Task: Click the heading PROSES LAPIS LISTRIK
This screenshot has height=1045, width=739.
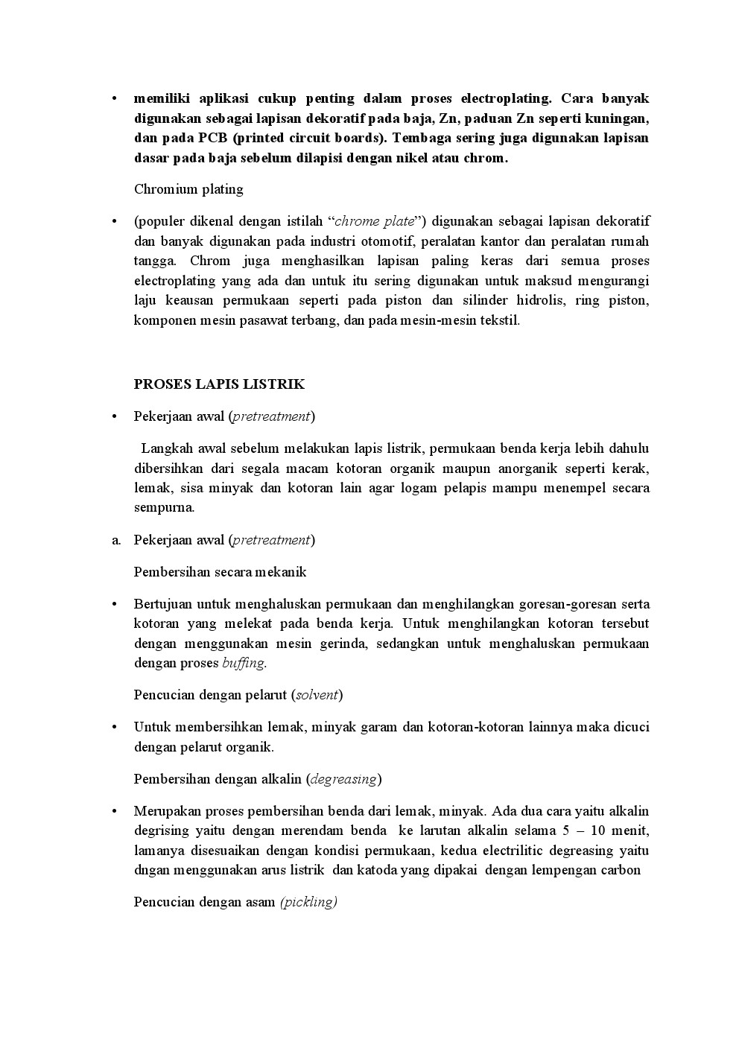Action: (219, 384)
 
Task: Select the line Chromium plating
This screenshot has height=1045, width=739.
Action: (188, 189)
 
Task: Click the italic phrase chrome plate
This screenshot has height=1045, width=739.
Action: (374, 221)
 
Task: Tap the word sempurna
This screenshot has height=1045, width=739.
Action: (163, 508)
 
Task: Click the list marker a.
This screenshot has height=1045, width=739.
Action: (115, 540)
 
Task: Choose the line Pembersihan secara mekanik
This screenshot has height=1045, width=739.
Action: (220, 572)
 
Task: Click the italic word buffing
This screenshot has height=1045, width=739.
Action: (243, 663)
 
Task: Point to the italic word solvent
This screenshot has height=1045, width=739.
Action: (318, 695)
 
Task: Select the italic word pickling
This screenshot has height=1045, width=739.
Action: (308, 902)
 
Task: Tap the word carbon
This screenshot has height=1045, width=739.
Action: (621, 870)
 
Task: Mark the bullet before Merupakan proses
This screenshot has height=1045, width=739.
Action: (114, 811)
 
